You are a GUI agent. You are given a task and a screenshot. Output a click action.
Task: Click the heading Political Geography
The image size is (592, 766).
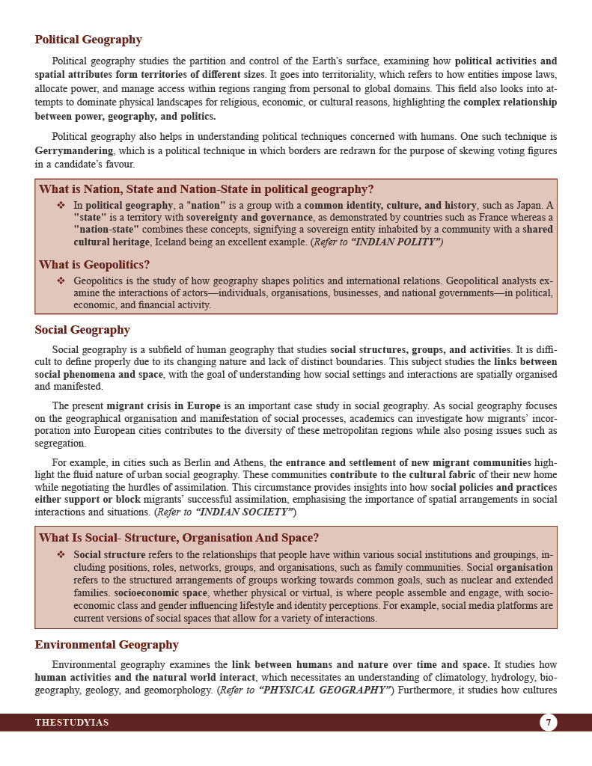88,40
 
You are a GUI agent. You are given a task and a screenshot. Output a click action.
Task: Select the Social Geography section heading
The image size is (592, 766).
82,330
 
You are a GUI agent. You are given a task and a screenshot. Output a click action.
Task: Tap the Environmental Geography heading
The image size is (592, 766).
106,645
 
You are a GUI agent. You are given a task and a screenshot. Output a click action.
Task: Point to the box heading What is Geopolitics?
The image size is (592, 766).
94,265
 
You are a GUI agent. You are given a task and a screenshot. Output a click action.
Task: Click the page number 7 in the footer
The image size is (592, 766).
548,723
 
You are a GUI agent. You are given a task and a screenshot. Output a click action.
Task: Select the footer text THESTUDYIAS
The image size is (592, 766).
72,723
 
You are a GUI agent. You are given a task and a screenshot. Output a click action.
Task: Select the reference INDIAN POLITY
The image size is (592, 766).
394,242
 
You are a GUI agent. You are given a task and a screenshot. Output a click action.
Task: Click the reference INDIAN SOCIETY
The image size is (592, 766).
243,512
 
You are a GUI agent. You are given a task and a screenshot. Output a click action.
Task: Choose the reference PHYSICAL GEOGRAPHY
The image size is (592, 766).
324,690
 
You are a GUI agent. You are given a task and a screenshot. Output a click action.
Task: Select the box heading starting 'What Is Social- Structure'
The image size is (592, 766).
179,538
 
